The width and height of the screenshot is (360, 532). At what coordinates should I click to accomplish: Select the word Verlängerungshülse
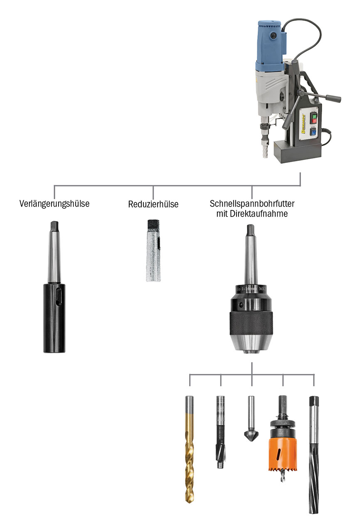[x=54, y=204]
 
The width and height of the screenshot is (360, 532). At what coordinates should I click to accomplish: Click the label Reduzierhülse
[x=153, y=204]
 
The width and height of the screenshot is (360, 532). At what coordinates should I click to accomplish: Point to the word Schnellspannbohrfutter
[x=252, y=204]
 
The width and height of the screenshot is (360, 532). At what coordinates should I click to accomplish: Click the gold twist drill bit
[x=189, y=449]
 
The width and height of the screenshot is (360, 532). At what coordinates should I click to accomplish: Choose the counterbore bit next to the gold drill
[x=220, y=432]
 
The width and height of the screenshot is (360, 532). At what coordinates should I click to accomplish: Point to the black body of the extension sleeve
[x=54, y=318]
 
